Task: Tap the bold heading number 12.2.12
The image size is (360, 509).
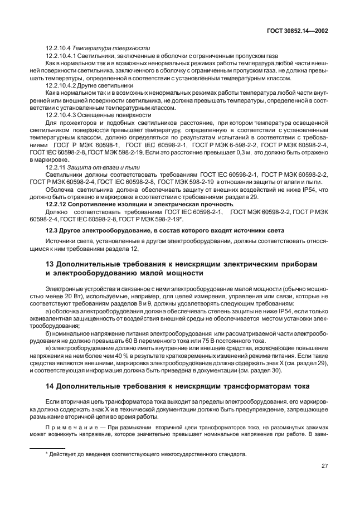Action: pos(57,204)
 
